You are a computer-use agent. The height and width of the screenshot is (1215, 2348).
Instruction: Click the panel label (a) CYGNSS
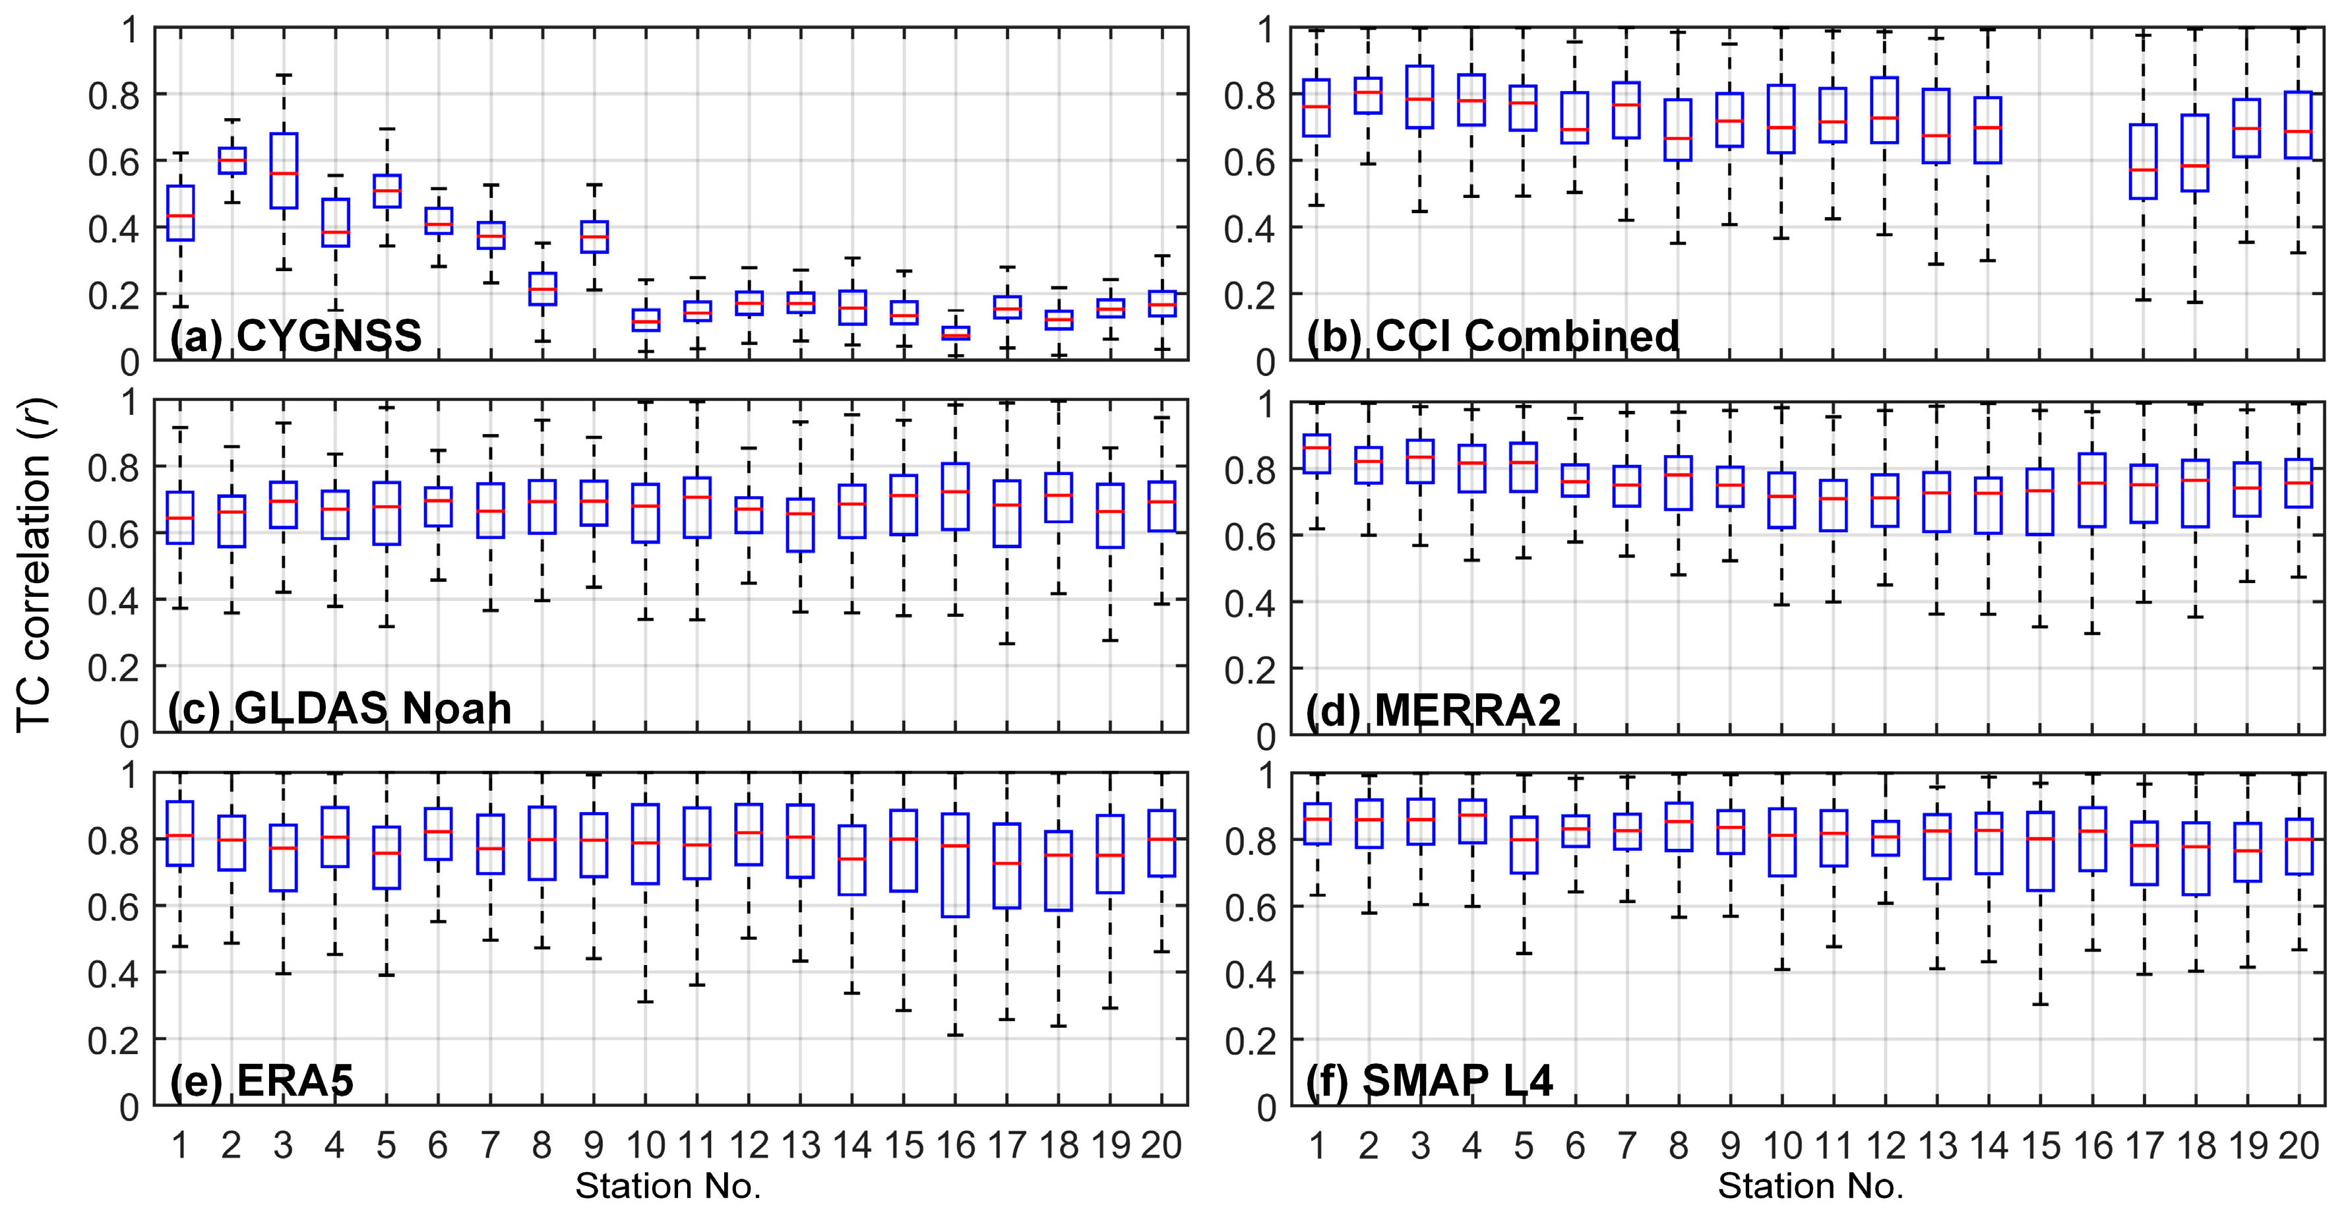click(295, 336)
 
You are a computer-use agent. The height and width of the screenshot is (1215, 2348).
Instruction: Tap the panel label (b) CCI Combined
click(1492, 336)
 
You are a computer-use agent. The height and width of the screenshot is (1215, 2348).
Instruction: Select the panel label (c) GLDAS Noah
click(339, 708)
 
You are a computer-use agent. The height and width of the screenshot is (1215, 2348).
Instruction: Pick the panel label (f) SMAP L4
click(1429, 1081)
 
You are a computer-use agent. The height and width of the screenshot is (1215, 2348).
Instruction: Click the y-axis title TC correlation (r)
click(36, 565)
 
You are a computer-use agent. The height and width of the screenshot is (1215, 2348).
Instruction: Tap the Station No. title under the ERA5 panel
click(668, 1186)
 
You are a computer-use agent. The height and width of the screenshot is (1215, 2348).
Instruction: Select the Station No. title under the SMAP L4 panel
click(1811, 1186)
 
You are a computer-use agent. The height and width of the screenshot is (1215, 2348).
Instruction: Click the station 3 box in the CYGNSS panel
click(284, 170)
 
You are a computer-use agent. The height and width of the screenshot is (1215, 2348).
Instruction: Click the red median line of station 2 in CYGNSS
click(232, 160)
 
